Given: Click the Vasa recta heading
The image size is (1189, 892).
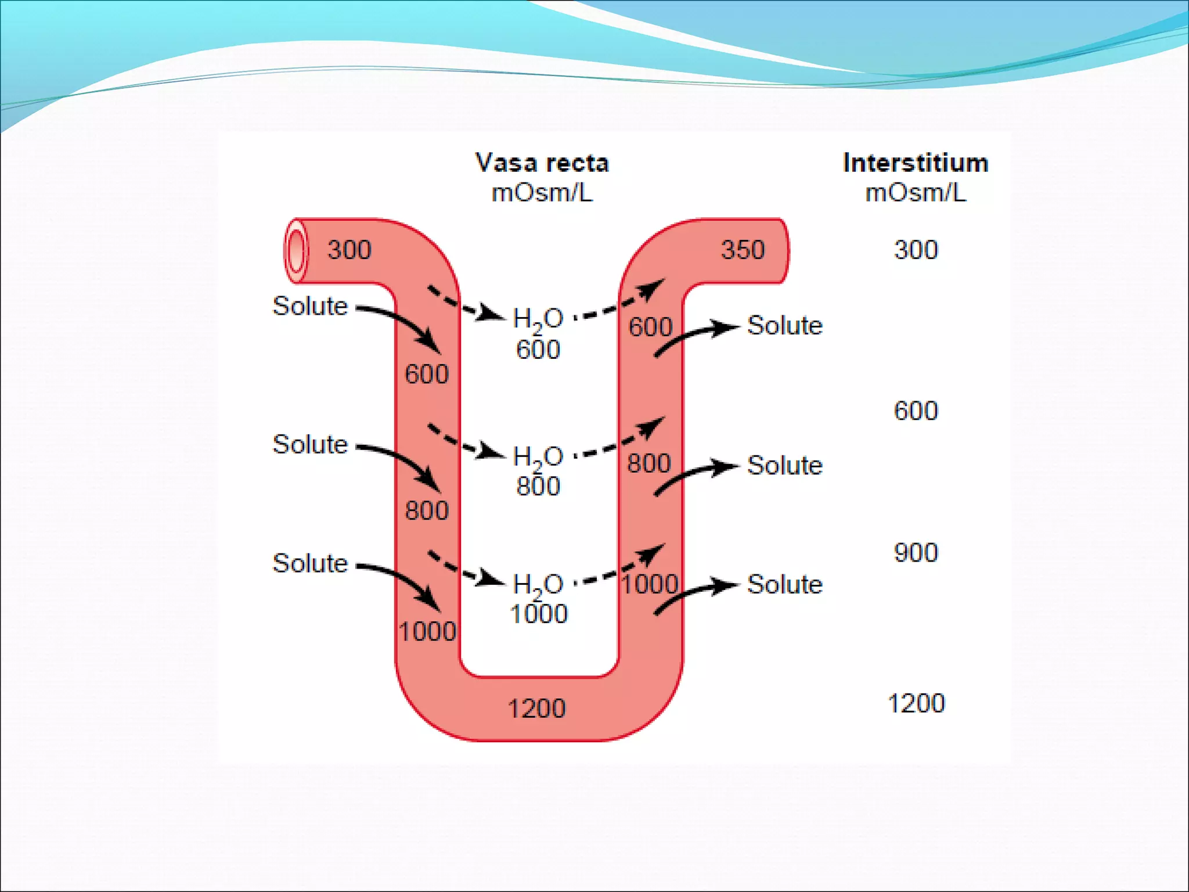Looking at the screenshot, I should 542,163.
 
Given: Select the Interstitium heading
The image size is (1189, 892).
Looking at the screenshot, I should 916,163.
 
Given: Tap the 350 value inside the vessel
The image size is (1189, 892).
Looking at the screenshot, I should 743,250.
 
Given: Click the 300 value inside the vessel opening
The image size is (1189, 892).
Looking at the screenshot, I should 349,250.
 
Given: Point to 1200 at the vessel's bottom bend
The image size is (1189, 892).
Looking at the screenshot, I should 536,708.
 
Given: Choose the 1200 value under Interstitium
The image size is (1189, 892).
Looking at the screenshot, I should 916,703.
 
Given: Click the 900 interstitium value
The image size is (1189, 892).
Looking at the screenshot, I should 916,553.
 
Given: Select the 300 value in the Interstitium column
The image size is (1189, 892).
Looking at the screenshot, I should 916,250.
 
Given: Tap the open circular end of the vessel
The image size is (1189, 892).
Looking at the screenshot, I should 296,251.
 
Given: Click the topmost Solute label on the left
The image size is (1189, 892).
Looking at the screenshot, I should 310,306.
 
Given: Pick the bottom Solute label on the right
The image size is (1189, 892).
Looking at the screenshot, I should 784,584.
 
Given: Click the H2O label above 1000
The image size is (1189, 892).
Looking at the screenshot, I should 538,585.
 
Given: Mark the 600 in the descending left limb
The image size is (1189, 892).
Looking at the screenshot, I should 427,374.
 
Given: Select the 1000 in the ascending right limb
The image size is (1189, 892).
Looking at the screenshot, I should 650,584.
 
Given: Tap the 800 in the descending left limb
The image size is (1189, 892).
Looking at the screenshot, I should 427,511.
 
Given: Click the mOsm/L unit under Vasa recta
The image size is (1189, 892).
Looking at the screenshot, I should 542,193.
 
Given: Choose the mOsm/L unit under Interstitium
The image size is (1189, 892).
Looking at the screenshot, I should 916,193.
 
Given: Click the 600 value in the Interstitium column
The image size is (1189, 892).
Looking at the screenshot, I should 916,411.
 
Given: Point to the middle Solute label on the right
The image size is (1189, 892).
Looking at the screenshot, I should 784,465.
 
